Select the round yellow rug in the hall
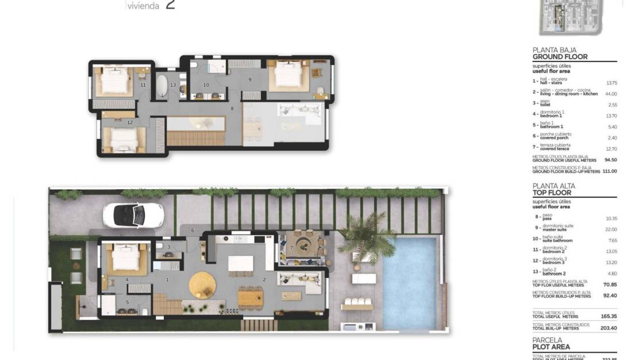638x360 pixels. tap(202, 284)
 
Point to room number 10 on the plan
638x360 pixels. tap(206, 85)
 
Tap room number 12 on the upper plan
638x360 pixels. tap(130, 122)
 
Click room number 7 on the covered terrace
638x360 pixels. tap(291, 248)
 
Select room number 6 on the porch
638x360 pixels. tap(193, 230)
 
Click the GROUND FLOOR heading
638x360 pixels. tap(560, 57)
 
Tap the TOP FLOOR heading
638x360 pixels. tap(552, 193)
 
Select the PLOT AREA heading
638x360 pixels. tap(551, 347)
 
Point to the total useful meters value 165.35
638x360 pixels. tap(608, 316)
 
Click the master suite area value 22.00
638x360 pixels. tap(610, 229)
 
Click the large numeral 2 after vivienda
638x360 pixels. tap(170, 5)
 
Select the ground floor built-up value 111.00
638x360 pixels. tap(610, 171)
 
